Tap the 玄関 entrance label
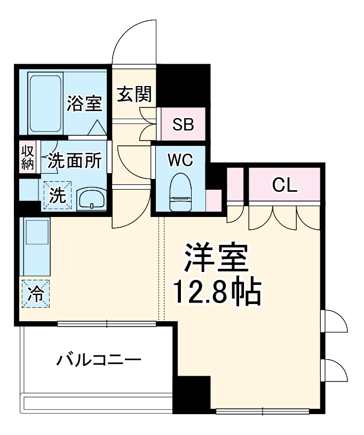[x=135, y=95]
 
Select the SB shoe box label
[x=183, y=125]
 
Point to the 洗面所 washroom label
[x=74, y=160]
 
